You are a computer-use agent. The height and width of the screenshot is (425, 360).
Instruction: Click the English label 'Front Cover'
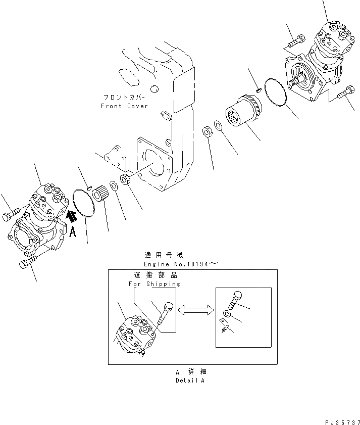(124, 106)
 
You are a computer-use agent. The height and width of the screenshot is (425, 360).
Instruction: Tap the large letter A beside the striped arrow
(73, 232)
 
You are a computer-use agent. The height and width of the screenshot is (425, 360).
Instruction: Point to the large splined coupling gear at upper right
(244, 113)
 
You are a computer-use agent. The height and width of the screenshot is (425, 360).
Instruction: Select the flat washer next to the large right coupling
(217, 124)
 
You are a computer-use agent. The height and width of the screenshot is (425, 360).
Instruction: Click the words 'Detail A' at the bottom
(190, 380)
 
